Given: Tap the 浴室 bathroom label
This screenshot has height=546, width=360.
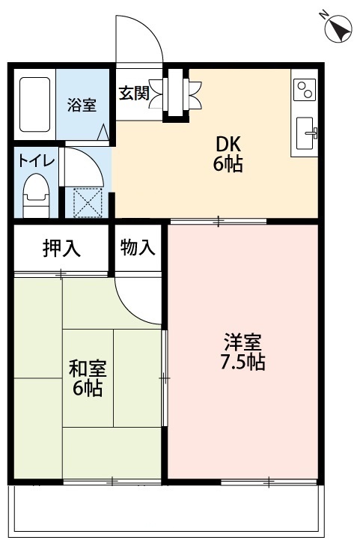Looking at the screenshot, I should pyautogui.click(x=82, y=105).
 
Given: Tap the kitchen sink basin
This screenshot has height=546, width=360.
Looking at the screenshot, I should pyautogui.click(x=307, y=135).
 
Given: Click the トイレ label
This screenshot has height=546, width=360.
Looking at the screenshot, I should pyautogui.click(x=31, y=159).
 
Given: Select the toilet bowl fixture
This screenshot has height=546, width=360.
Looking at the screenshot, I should pyautogui.click(x=35, y=194).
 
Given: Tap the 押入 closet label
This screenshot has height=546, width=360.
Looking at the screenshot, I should pyautogui.click(x=61, y=248).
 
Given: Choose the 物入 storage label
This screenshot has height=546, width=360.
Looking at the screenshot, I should pyautogui.click(x=138, y=247).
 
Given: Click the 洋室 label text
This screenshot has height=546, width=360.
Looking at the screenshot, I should pyautogui.click(x=242, y=343).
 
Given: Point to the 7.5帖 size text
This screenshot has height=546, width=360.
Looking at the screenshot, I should pyautogui.click(x=242, y=363).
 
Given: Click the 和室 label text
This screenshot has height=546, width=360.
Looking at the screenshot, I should pyautogui.click(x=88, y=368).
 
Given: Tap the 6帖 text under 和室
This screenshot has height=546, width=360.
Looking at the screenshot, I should pyautogui.click(x=88, y=389).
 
